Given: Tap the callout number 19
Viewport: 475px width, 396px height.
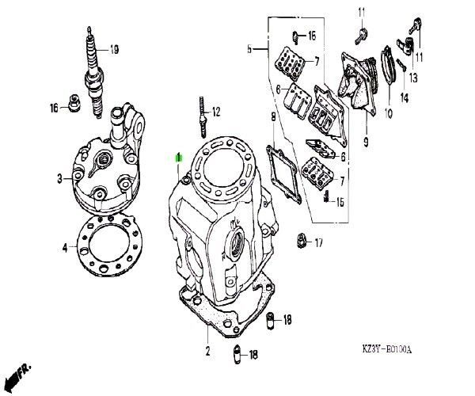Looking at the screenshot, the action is [x=114, y=49].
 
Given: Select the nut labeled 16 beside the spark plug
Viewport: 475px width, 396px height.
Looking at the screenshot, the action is [x=74, y=103].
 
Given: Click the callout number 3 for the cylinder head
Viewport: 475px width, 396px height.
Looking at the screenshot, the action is [x=59, y=179].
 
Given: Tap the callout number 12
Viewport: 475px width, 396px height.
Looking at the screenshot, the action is [x=215, y=112].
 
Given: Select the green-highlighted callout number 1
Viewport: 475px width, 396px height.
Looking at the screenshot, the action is [x=178, y=158].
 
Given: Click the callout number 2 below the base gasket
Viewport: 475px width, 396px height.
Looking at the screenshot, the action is [x=207, y=351].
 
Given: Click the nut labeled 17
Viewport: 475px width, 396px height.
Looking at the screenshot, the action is [x=301, y=241].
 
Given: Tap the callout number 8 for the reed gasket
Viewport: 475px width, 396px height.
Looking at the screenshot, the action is [x=273, y=117].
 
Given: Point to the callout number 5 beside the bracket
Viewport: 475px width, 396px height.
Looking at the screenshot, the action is [x=249, y=49].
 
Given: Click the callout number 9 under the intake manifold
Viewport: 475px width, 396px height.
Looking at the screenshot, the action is [x=366, y=142].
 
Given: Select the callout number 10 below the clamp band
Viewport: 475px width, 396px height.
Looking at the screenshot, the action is [x=389, y=113].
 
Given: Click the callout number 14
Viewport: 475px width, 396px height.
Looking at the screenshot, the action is [x=405, y=97].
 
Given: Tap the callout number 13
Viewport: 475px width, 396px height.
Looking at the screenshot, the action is [x=413, y=78].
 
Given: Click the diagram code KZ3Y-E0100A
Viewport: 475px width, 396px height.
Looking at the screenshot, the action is [x=387, y=349].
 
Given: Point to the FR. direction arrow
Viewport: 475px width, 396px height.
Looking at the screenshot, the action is [x=17, y=375].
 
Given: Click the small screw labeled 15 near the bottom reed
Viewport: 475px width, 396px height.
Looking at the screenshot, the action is [x=327, y=196].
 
